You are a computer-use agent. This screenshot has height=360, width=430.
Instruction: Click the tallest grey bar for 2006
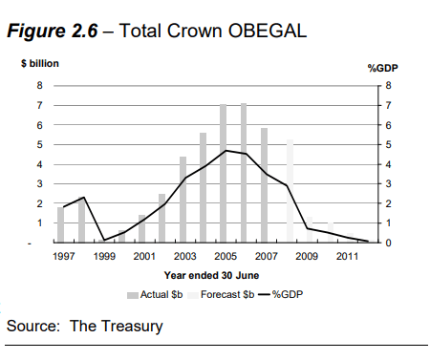tap(244, 173)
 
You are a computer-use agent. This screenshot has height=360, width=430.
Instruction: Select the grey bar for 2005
tap(224, 174)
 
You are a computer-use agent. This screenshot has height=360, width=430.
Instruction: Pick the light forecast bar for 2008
tap(290, 191)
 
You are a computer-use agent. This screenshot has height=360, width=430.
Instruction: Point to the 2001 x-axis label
tap(144, 257)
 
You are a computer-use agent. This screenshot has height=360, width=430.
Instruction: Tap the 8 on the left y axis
tap(39, 85)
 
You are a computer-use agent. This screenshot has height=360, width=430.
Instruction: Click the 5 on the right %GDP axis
tap(387, 144)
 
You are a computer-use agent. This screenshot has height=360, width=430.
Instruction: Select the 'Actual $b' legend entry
tap(157, 293)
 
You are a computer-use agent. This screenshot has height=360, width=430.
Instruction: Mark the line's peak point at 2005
tap(225, 150)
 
